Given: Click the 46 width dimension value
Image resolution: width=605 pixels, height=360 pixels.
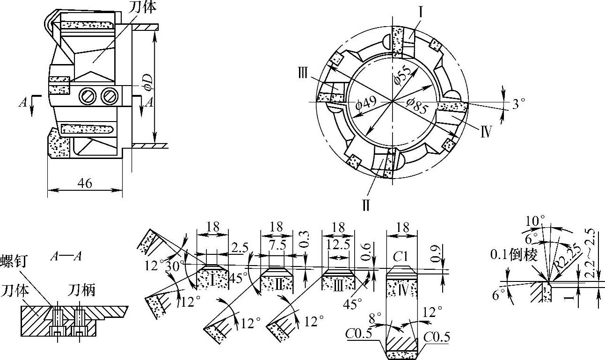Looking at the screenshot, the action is tap(85, 183).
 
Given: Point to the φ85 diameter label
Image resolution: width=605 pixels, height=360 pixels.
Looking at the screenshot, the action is tap(417, 106).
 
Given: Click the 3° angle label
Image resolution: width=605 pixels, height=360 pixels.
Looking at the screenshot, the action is tap(518, 104).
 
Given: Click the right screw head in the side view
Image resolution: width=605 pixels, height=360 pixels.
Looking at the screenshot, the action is tap(109, 96).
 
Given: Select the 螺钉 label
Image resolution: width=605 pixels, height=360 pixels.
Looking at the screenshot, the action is tap(14, 261).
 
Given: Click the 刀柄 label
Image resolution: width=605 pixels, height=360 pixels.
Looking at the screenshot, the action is tap(81, 291).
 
